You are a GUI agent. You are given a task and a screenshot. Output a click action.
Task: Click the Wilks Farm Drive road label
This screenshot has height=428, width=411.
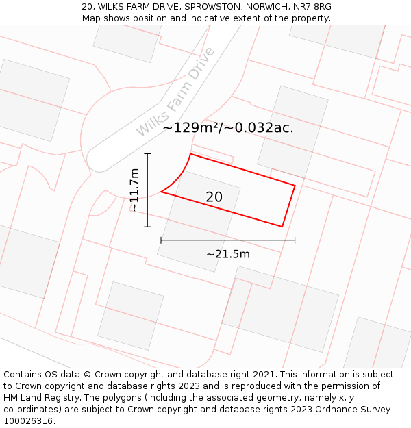pyautogui.click(x=175, y=92)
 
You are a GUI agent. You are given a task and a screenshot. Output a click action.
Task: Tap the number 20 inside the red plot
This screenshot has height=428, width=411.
pyautogui.click(x=214, y=197)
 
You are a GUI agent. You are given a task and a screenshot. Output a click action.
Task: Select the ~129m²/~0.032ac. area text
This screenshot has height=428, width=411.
pyautogui.click(x=228, y=127)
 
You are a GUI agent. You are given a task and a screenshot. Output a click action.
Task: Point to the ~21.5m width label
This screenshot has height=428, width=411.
pyautogui.click(x=227, y=254)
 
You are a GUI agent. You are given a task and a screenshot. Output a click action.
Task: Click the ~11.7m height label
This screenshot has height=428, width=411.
pyautogui.click(x=134, y=190)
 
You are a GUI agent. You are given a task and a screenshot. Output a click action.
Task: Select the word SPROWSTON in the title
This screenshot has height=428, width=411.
pyautogui.click(x=212, y=7)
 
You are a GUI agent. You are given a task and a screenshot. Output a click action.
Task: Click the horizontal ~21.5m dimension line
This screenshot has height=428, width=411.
pyautogui.click(x=227, y=240)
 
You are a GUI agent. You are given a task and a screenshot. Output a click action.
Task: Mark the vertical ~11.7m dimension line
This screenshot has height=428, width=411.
pyautogui.click(x=147, y=190)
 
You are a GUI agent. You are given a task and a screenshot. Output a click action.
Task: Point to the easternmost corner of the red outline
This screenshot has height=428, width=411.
pyautogui.click(x=295, y=185)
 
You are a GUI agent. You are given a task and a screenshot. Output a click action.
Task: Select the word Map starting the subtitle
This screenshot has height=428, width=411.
pyautogui.click(x=91, y=18)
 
